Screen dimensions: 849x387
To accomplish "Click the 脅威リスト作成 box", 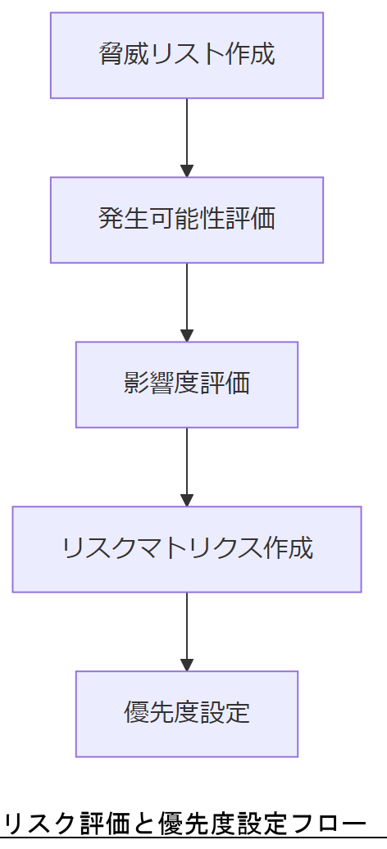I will [187, 55].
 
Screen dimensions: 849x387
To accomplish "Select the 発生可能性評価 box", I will [187, 220].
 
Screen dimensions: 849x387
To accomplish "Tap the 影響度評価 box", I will [187, 384].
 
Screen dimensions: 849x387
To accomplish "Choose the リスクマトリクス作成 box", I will [187, 549].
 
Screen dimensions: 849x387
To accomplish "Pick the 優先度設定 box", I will [187, 714].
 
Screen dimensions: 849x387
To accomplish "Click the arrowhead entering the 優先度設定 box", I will [187, 665].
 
